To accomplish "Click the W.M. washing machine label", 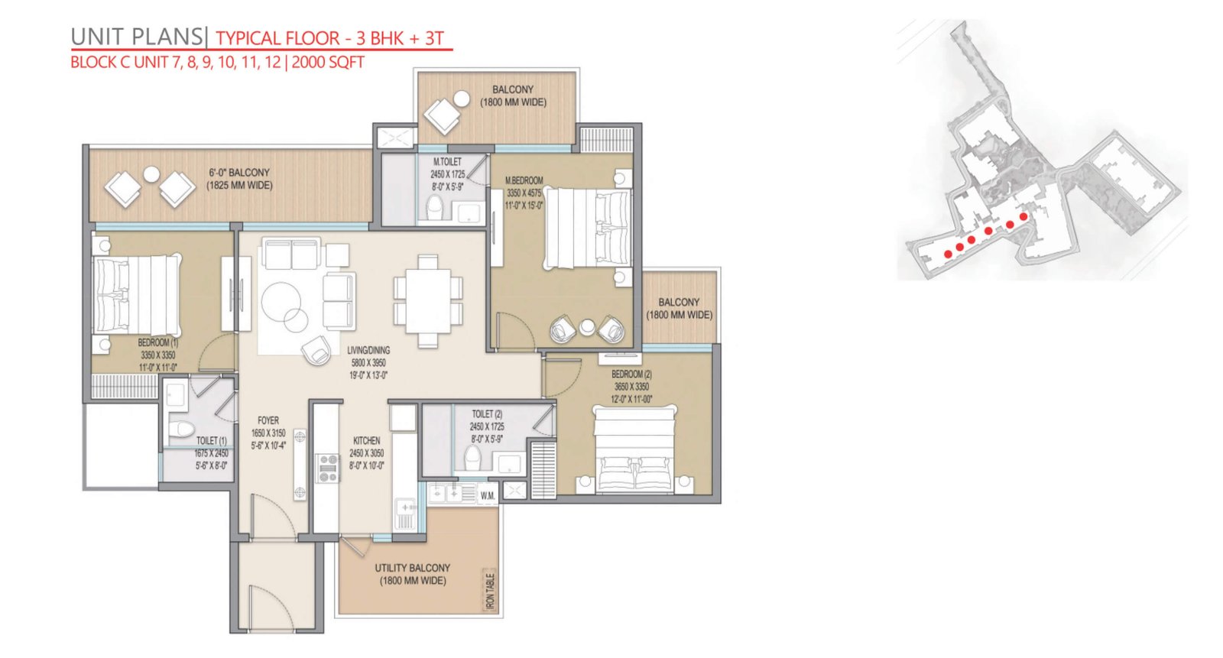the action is pyautogui.click(x=488, y=496).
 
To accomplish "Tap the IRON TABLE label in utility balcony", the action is pyautogui.click(x=490, y=592).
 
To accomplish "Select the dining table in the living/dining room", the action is pyautogui.click(x=428, y=301).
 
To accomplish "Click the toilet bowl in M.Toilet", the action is pyautogui.click(x=435, y=208).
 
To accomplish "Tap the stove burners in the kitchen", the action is pyautogui.click(x=328, y=468).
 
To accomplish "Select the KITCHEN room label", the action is pyautogui.click(x=366, y=441).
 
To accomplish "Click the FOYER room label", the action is pyautogui.click(x=268, y=420).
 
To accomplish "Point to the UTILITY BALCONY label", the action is pyautogui.click(x=412, y=568).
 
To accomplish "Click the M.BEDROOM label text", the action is pyautogui.click(x=524, y=180).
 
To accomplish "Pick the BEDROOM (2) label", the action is pyautogui.click(x=631, y=374).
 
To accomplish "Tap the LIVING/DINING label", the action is pyautogui.click(x=368, y=350).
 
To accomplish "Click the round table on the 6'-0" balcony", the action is pyautogui.click(x=151, y=174).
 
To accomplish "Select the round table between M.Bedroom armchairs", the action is pyautogui.click(x=587, y=327).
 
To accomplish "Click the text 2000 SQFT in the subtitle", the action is pyautogui.click(x=328, y=62).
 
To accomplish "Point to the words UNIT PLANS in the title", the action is pyautogui.click(x=137, y=37).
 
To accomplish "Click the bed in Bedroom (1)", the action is pyautogui.click(x=137, y=296).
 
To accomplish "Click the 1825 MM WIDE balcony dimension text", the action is pyautogui.click(x=239, y=186).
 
